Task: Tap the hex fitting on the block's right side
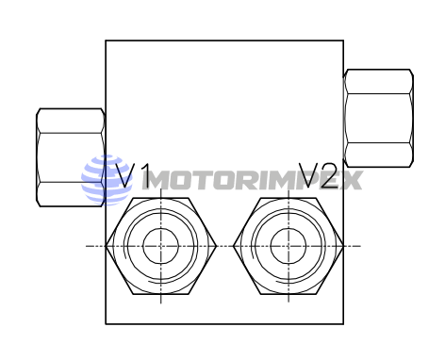click(x=378, y=117)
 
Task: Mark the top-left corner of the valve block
click(x=106, y=41)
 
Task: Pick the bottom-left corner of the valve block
click(x=106, y=323)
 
